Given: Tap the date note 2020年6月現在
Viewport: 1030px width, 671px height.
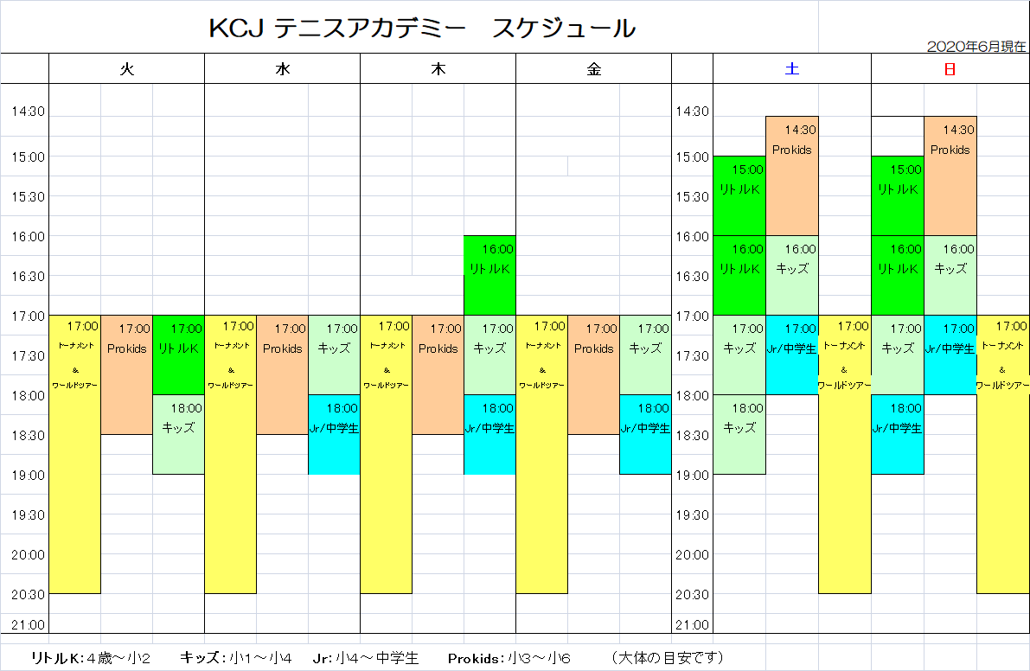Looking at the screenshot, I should point(976,47).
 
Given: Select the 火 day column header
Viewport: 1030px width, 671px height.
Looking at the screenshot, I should point(127,71).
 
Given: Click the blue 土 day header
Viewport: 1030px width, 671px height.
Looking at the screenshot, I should point(791,71).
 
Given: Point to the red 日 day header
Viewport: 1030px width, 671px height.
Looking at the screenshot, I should point(950,71).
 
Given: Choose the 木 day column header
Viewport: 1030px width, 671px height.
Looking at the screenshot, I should point(438,71).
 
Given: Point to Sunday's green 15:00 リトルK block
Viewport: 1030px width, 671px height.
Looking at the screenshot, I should point(898,195).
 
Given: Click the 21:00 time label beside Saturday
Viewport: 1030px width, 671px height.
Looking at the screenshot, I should point(692,625).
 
